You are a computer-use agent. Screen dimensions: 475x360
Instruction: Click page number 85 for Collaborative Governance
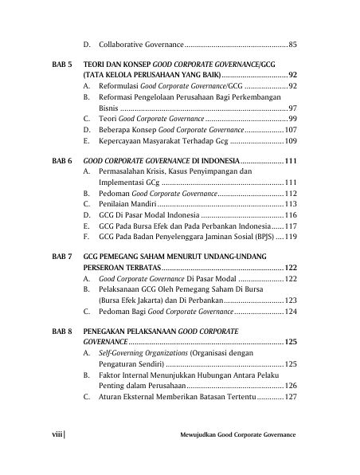pos(293,44)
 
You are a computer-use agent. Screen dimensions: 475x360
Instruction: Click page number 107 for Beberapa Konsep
pos(291,129)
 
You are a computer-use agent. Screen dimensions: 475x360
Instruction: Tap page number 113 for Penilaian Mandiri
pos(291,204)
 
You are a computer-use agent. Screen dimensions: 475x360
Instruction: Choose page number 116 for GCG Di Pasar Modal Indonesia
pos(291,215)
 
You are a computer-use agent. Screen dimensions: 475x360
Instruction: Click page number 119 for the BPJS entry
pos(291,237)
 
